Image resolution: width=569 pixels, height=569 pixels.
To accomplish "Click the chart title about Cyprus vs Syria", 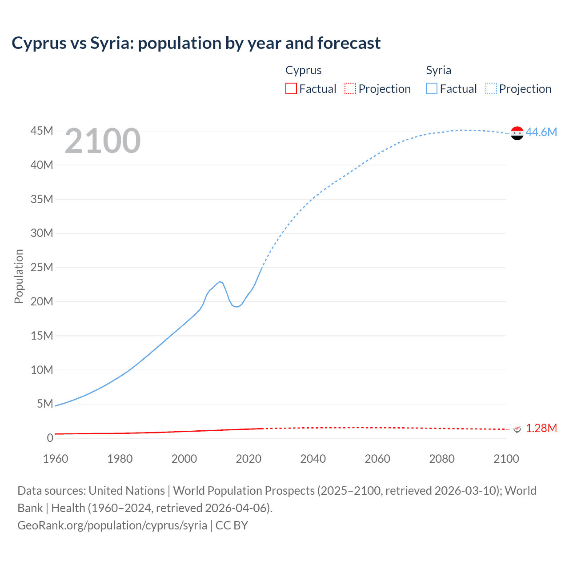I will point(196,43).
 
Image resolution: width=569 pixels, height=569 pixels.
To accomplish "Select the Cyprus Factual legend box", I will point(291,88).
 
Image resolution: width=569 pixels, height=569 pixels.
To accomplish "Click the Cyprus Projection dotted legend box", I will point(350,88).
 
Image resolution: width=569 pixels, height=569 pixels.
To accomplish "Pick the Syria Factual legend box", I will point(431,88).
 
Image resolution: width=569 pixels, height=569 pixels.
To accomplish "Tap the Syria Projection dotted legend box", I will point(491,88).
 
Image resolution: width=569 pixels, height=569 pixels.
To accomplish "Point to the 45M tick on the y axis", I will point(42,131).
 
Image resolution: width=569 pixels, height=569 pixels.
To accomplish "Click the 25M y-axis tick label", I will point(42,267).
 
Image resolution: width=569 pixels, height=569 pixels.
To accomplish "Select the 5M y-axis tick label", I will point(45,404).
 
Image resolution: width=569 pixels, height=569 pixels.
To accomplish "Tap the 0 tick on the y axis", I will point(50,438).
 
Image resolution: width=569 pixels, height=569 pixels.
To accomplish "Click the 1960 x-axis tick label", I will point(56,459).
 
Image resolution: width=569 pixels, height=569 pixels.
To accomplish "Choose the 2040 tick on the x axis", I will point(313,459).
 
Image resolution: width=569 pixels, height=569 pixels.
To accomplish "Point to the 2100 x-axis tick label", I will point(506,459).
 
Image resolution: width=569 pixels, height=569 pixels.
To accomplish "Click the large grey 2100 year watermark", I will point(103,141).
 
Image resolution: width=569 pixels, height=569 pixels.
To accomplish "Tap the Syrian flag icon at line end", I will point(517,133).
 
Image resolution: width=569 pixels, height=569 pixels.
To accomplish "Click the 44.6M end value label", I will point(541,132).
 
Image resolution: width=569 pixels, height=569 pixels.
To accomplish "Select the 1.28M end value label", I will point(541,428).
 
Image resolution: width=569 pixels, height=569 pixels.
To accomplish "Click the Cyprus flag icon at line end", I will point(517,429).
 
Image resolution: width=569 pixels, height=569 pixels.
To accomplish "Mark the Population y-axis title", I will point(19,276).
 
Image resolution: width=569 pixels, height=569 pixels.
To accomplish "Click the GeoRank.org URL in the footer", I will point(112,525).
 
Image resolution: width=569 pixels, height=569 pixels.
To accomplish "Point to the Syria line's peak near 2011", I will point(220,281).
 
